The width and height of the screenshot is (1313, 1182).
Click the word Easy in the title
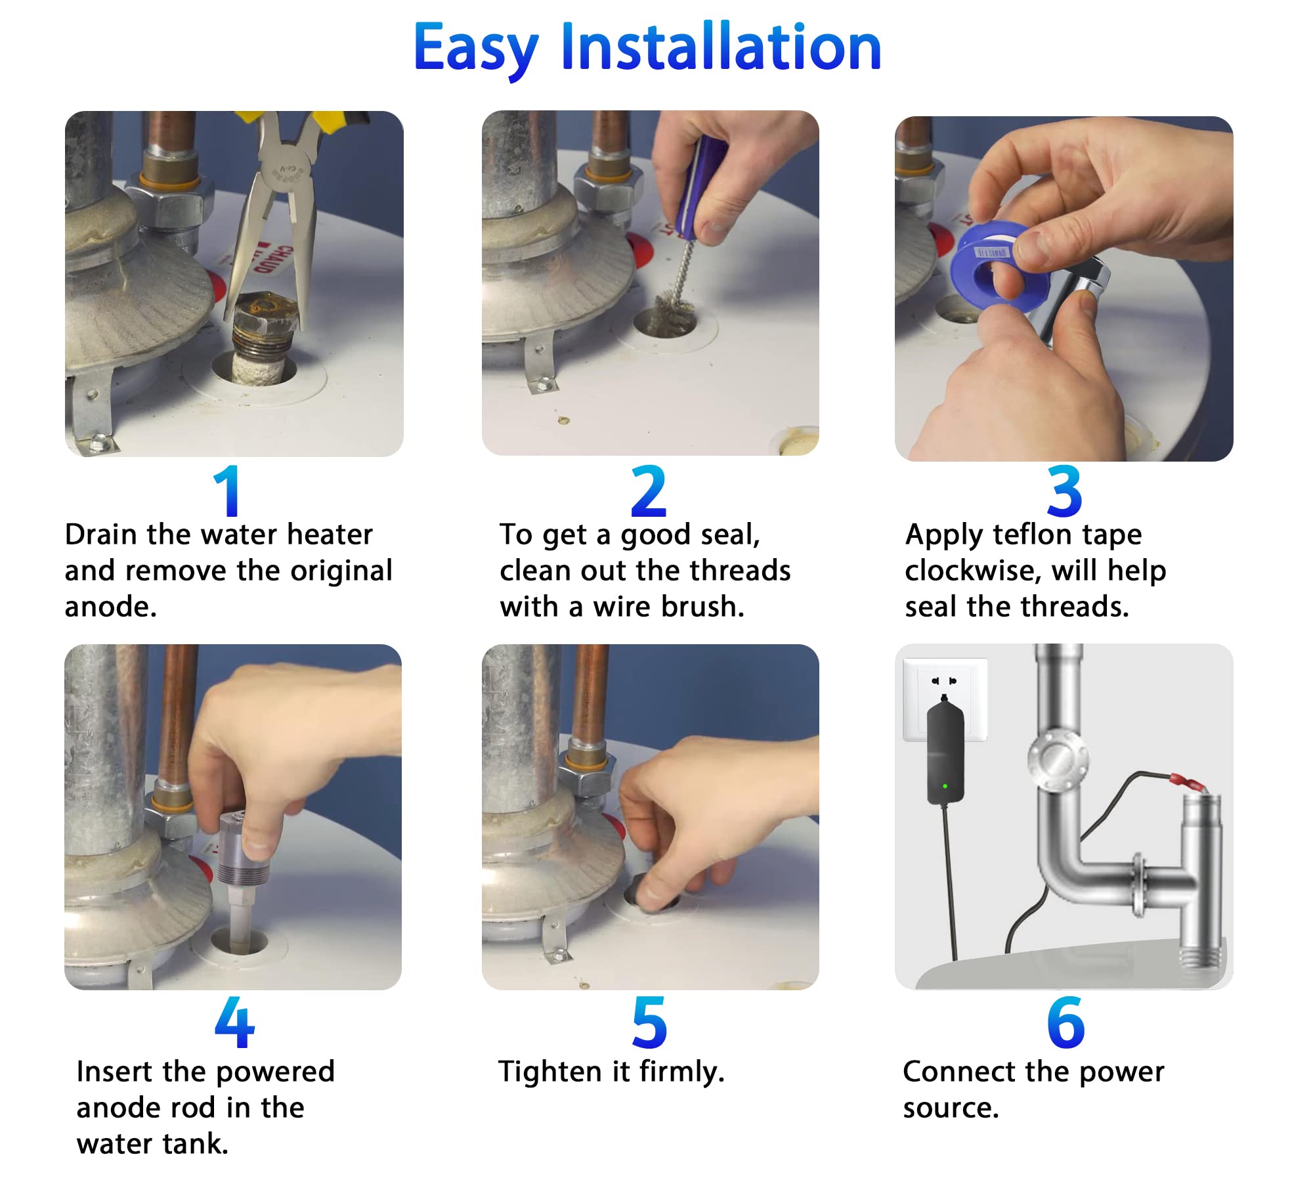pyautogui.click(x=476, y=51)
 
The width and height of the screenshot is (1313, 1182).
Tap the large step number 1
pyautogui.click(x=227, y=491)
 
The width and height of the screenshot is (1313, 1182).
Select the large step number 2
pyautogui.click(x=649, y=491)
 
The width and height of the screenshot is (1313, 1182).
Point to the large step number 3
pyautogui.click(x=1064, y=491)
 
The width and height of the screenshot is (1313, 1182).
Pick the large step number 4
pyautogui.click(x=234, y=1022)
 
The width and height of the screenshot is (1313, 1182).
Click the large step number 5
pyautogui.click(x=649, y=1022)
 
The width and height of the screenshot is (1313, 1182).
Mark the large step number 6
pyautogui.click(x=1065, y=1022)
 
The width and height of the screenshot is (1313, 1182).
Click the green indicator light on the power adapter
pyautogui.click(x=945, y=785)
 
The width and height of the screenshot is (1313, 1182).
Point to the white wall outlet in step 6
pyautogui.click(x=945, y=699)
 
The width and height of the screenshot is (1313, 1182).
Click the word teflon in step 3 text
pyautogui.click(x=1033, y=535)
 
